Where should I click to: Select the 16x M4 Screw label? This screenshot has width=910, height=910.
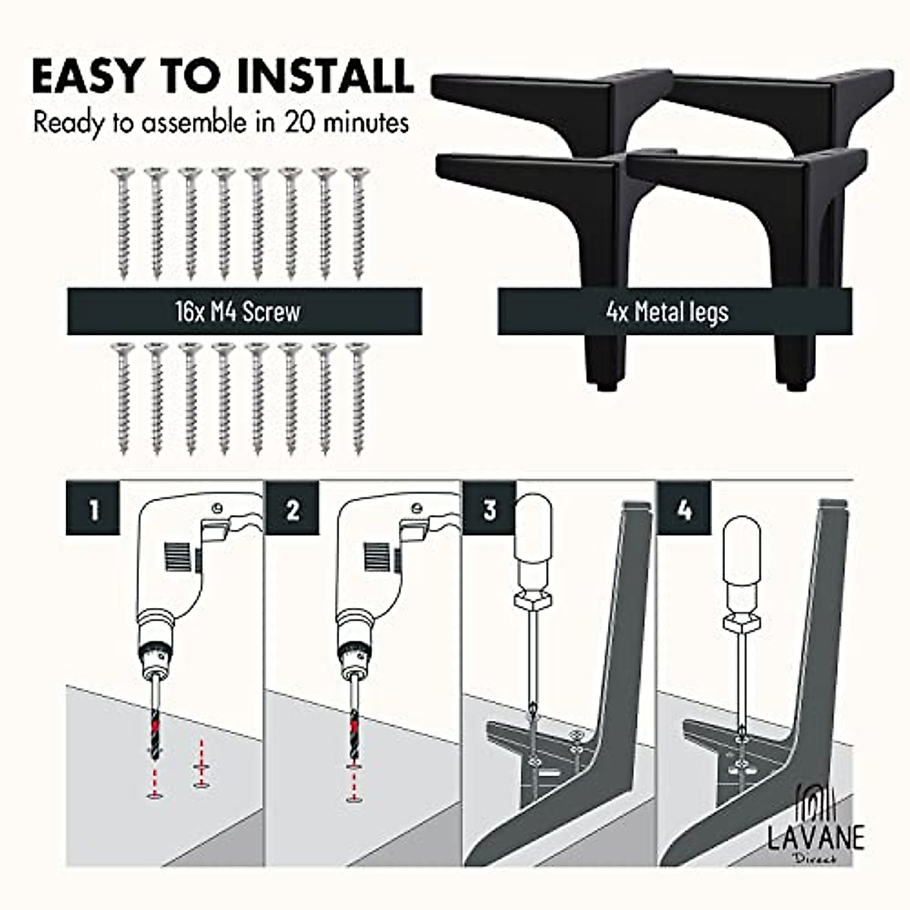[243, 311]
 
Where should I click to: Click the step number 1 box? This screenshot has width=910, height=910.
[93, 509]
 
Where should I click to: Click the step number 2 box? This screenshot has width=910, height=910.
[292, 509]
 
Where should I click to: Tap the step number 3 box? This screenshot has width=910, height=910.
[489, 509]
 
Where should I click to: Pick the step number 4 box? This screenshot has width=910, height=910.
[684, 509]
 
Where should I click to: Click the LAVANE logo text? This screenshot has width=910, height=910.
[814, 837]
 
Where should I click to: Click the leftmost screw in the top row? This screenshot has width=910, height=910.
[123, 224]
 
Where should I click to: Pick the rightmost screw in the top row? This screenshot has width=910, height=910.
[358, 224]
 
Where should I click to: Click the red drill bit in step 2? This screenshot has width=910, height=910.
[353, 720]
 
